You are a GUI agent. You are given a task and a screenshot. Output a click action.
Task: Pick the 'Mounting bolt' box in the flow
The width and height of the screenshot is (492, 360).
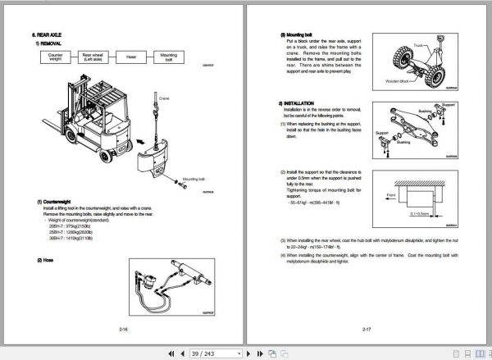(168, 57)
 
